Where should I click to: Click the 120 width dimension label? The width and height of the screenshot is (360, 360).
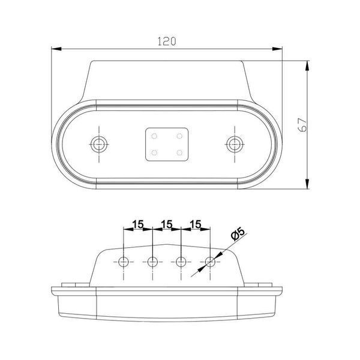click(x=167, y=41)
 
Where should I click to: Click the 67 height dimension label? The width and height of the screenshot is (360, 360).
click(x=302, y=125)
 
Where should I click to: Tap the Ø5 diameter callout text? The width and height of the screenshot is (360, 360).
click(x=238, y=233)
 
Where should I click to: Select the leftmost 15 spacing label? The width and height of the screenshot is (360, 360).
click(x=138, y=224)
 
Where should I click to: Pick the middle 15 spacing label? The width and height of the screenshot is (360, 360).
click(x=167, y=224)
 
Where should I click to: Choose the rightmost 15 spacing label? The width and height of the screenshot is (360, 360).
click(x=196, y=224)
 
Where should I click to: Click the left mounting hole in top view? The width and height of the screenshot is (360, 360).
click(x=99, y=144)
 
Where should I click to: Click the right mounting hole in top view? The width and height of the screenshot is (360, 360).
click(x=235, y=144)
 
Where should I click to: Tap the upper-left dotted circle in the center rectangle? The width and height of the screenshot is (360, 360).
click(x=154, y=136)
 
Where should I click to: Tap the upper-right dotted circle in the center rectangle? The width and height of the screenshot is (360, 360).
click(x=179, y=136)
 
